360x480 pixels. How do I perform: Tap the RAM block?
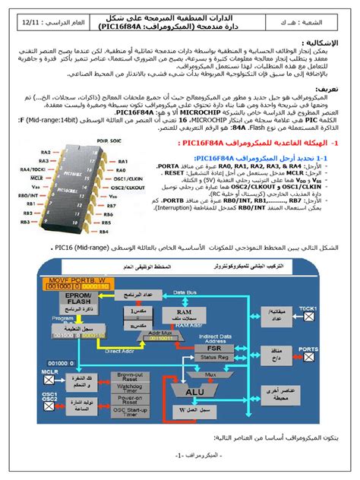[x=185, y=312]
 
